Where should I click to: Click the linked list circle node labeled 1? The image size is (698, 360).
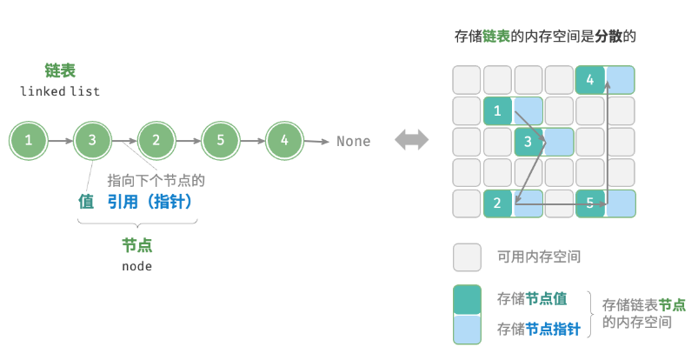tap(30, 140)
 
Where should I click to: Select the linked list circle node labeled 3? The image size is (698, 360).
tap(93, 140)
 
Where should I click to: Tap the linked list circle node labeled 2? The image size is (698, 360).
tap(156, 140)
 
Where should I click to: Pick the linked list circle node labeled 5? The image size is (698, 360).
tap(221, 140)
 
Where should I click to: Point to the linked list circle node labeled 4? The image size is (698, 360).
tap(284, 140)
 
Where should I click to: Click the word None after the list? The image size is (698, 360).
tap(353, 141)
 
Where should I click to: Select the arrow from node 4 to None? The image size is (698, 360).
tap(316, 141)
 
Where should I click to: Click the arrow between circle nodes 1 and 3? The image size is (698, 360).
tap(61, 140)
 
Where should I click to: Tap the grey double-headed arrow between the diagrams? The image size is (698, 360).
tap(411, 140)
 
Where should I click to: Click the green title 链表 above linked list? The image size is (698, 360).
tap(60, 70)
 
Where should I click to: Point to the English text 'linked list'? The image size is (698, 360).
tap(60, 90)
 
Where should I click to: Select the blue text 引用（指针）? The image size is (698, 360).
tap(149, 201)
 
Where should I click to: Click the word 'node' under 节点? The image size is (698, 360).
tap(136, 266)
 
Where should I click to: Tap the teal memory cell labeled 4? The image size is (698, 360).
tap(590, 80)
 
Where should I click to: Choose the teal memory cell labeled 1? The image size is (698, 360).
tap(497, 110)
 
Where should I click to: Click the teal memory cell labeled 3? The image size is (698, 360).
tap(528, 142)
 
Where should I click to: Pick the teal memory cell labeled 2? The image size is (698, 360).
tap(497, 204)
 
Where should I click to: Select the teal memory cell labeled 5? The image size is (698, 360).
tap(590, 204)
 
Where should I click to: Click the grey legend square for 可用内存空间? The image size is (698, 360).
tap(467, 257)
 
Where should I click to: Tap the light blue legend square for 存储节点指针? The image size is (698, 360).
tap(467, 329)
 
